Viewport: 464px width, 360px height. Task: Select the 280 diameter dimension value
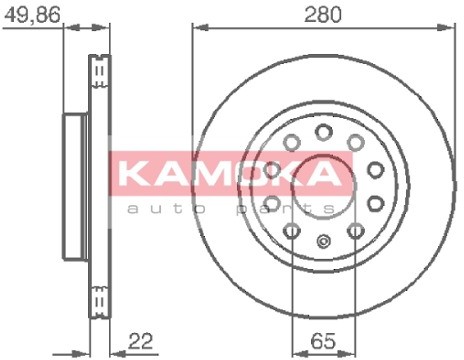coord(324,15)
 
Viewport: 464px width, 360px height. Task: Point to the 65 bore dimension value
coord(322,340)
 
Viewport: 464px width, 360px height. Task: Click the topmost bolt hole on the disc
coord(323,131)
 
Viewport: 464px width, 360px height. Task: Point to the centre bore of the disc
coord(322,185)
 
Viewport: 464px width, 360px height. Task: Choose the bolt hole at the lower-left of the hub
coord(291,232)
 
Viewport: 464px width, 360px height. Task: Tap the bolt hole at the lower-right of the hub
coord(355,232)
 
